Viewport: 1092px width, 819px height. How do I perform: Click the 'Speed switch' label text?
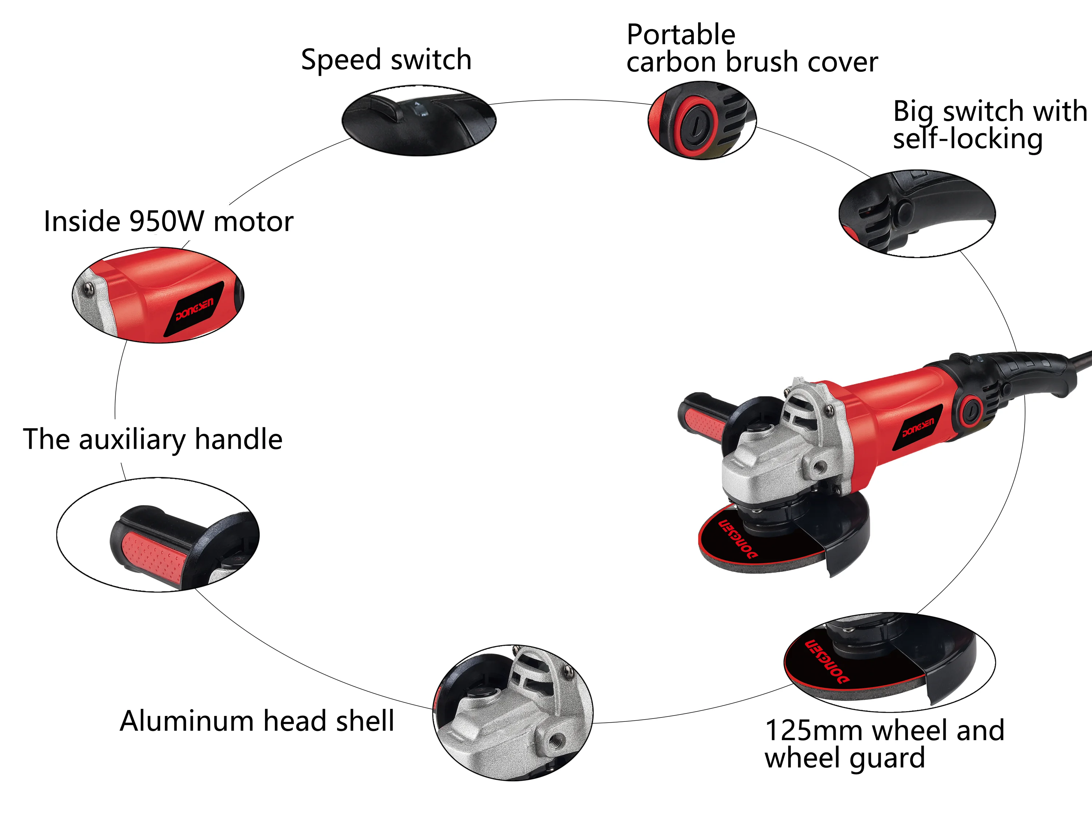click(386, 60)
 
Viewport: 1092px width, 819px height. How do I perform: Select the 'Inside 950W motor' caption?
click(168, 221)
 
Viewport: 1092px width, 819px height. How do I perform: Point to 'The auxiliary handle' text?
click(153, 439)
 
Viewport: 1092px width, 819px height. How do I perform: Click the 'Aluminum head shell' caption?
click(257, 721)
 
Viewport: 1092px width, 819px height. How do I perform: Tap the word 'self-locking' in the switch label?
click(968, 139)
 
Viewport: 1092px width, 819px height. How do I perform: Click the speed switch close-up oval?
click(419, 120)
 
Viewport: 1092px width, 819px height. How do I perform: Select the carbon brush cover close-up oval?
click(701, 120)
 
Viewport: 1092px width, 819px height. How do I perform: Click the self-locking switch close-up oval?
click(917, 213)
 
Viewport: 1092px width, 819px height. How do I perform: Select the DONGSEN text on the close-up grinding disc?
click(827, 661)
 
